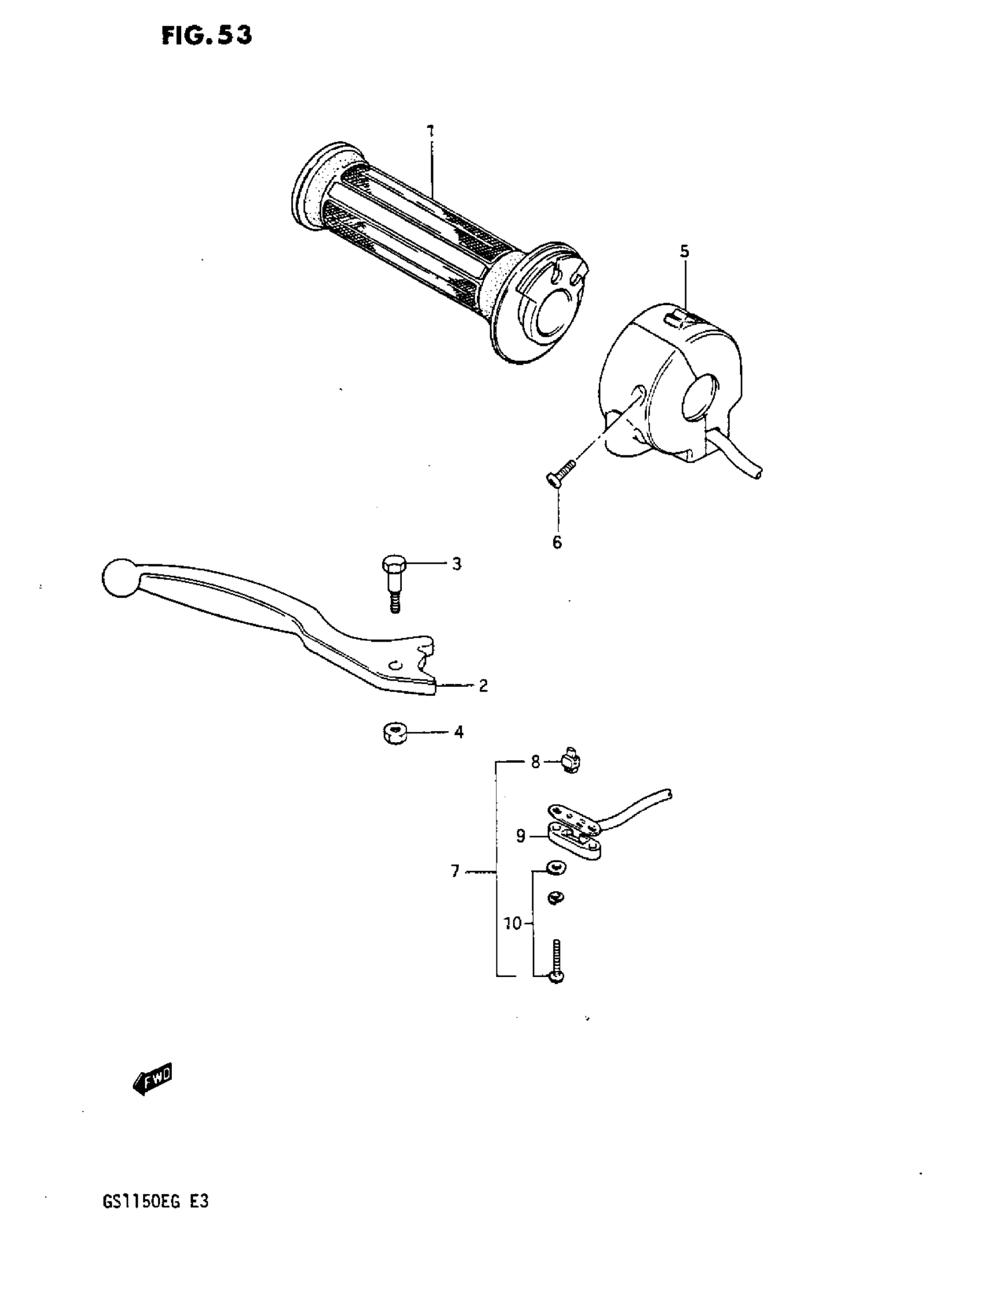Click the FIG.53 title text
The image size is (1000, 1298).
(206, 36)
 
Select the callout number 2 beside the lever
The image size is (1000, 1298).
(483, 686)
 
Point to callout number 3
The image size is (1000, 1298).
(456, 564)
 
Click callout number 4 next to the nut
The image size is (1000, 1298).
(458, 732)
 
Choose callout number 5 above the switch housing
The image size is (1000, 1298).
(684, 251)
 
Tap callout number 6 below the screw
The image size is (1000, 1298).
(557, 542)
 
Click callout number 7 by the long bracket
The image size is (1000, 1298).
(455, 872)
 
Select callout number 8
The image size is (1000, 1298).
(535, 762)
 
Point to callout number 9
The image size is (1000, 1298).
(521, 837)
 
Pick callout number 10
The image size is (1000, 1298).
(512, 923)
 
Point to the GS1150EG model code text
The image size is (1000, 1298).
(155, 1202)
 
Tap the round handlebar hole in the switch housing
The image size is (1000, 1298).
(702, 395)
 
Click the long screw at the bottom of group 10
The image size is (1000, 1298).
(556, 961)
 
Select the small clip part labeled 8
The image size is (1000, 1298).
(571, 761)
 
